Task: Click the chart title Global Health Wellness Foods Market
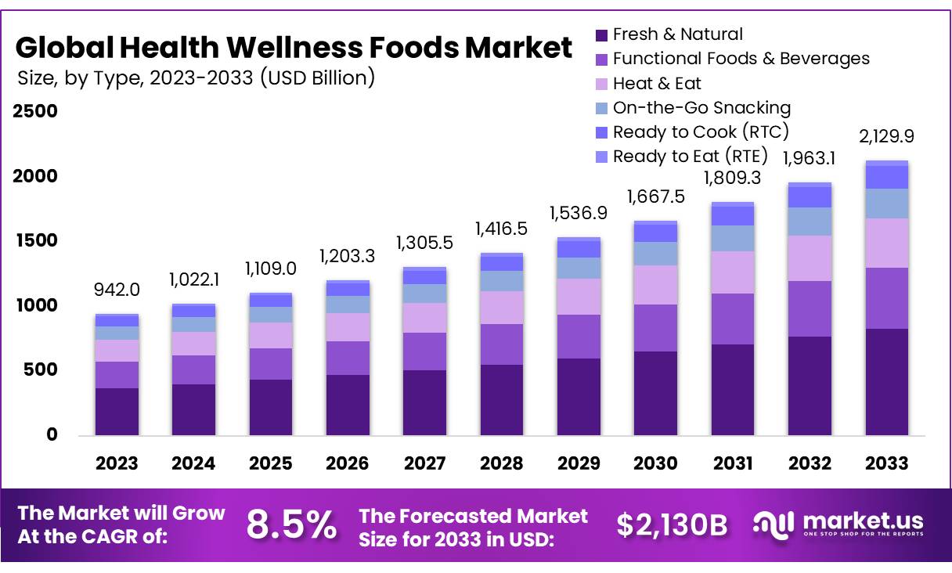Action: [x=294, y=48]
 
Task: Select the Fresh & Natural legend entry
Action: [x=677, y=34]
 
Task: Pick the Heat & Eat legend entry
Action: [x=657, y=83]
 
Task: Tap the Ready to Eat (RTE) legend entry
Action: [x=690, y=156]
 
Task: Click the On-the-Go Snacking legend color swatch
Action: [x=601, y=108]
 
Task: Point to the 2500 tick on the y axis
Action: [x=36, y=111]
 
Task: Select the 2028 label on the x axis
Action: [x=501, y=463]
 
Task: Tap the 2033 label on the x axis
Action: [x=887, y=463]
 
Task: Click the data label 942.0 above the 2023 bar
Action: [x=117, y=290]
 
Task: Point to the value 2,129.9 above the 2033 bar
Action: [x=887, y=136]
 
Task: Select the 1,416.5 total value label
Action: [x=501, y=229]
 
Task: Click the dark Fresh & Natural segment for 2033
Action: [x=887, y=382]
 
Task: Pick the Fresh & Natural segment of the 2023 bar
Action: [x=117, y=412]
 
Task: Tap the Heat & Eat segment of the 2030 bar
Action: [x=655, y=285]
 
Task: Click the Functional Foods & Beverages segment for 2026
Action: [x=348, y=358]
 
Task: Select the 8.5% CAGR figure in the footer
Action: [x=291, y=524]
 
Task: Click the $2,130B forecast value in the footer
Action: [x=672, y=525]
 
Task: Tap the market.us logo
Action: [x=838, y=524]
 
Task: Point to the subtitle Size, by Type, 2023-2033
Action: [x=196, y=77]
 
